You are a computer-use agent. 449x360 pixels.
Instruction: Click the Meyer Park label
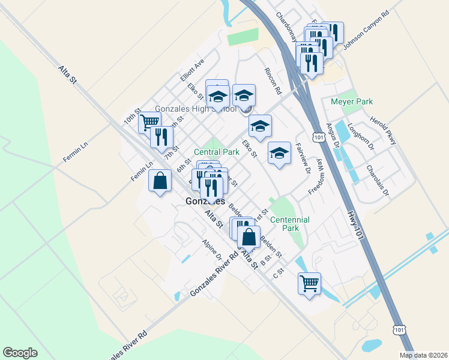(352, 102)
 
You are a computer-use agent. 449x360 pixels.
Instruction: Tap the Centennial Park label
(289, 224)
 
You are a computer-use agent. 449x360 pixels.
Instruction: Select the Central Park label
(216, 152)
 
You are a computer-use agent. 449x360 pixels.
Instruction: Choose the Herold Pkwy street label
(383, 130)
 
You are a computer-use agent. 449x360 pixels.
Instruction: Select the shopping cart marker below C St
(309, 283)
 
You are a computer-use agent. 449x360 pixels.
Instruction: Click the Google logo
(20, 353)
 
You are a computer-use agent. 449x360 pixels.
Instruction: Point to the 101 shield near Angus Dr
(319, 138)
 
